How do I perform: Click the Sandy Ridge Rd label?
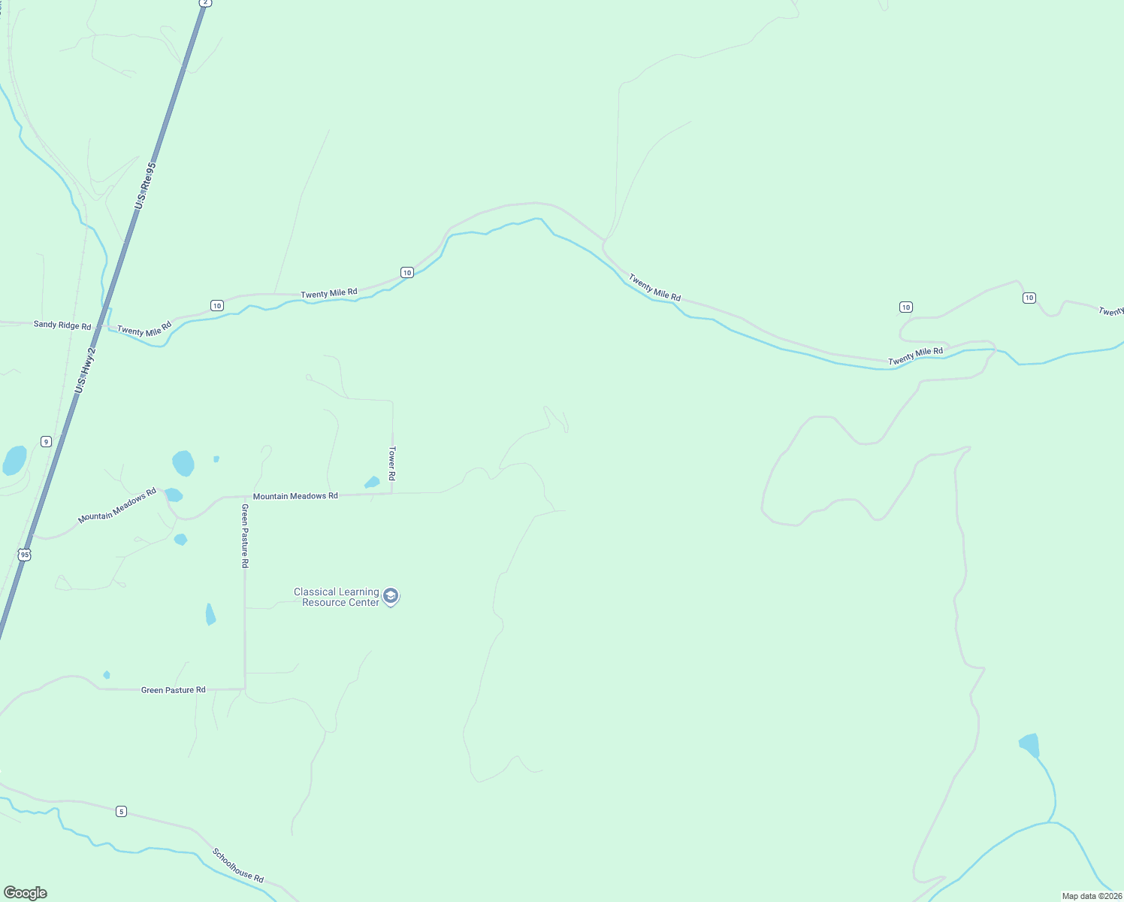tap(62, 325)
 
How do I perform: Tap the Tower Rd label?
tap(391, 463)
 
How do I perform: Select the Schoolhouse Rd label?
tap(238, 865)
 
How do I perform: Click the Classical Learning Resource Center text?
tap(337, 597)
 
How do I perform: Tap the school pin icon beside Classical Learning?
tap(390, 597)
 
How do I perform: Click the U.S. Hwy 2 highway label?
tap(86, 371)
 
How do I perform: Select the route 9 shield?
tap(46, 441)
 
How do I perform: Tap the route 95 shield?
tap(25, 555)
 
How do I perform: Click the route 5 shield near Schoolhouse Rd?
tap(122, 812)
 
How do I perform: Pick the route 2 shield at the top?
tap(205, 3)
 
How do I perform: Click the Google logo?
tap(26, 893)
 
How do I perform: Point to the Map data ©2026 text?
tap(1092, 896)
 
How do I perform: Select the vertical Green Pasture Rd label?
tap(245, 535)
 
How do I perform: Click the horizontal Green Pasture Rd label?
tap(173, 690)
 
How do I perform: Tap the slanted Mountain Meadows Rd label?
tap(117, 505)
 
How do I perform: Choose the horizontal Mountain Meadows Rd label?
tap(295, 496)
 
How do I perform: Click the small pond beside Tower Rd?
tap(372, 482)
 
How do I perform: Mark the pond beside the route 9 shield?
tap(14, 460)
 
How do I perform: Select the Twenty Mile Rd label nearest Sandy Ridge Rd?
tap(144, 328)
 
